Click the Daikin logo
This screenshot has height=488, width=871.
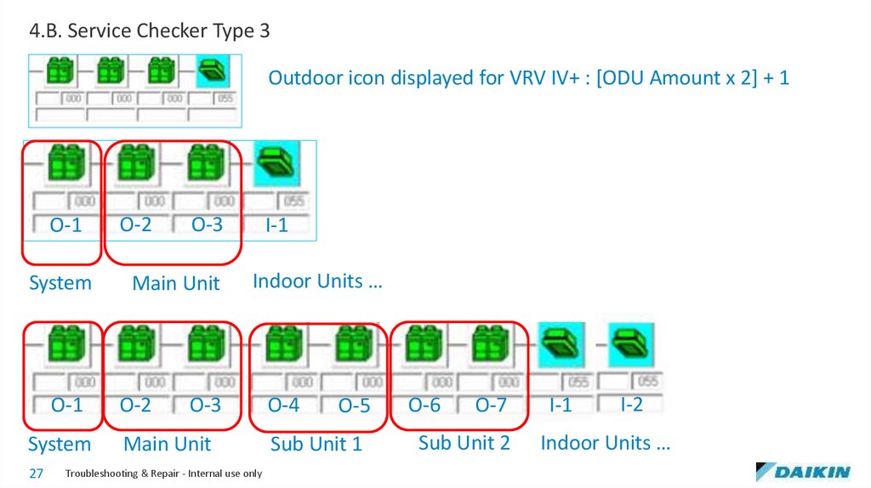(802, 472)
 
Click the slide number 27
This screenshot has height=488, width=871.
(36, 474)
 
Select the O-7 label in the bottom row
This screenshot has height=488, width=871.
(491, 406)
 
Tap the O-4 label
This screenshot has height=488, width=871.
(283, 406)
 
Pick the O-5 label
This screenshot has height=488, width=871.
(354, 406)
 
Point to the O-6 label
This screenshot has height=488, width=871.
(424, 406)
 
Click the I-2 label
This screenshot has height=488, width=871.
(631, 405)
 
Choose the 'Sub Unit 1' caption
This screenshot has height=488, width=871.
(316, 444)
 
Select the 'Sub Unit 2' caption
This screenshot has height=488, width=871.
(464, 442)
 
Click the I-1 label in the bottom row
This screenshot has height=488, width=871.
(561, 406)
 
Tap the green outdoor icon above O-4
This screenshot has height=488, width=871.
(283, 346)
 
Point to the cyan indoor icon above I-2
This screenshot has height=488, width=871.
(631, 344)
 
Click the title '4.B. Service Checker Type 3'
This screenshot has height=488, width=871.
(150, 31)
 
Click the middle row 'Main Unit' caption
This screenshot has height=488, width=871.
(175, 283)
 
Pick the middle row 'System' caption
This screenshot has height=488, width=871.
(60, 283)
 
